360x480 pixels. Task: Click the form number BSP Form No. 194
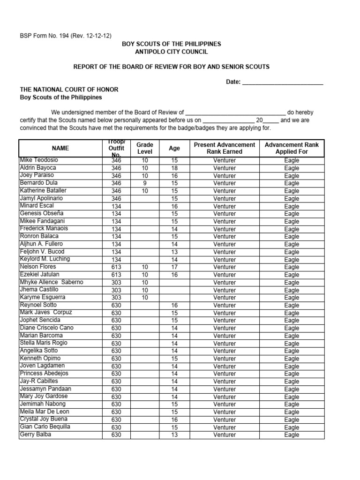tap(65, 36)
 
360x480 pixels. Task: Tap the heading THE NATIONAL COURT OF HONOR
tap(69, 90)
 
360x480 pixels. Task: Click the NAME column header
tap(60, 148)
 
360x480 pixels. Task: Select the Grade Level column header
tap(145, 148)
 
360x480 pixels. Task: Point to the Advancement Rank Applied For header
tap(292, 148)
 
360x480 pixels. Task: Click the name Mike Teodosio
tap(39, 160)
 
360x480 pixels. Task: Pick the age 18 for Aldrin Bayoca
tap(174, 168)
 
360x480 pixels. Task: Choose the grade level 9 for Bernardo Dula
tap(145, 183)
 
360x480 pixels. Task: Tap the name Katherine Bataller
tap(43, 191)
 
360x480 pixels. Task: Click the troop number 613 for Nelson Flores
tap(116, 267)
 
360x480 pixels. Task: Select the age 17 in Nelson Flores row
tap(174, 267)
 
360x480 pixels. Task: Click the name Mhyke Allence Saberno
tap(51, 282)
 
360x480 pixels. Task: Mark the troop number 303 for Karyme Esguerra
tap(116, 298)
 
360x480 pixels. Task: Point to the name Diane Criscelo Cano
tap(46, 328)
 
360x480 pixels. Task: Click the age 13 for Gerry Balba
tap(174, 435)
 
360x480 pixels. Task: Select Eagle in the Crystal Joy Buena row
tap(292, 420)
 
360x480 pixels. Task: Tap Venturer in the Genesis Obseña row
tap(225, 214)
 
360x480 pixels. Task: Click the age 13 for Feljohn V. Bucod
tap(174, 252)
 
